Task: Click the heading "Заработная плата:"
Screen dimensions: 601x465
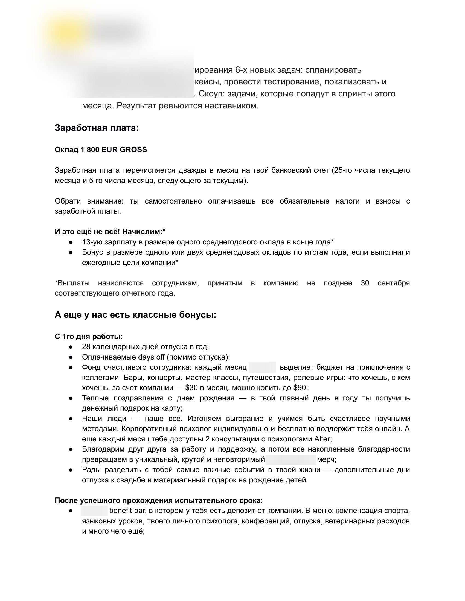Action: tap(96, 128)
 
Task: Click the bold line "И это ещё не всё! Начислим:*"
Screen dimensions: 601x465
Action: tap(110, 232)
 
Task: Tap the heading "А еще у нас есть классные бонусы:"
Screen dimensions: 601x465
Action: tap(135, 315)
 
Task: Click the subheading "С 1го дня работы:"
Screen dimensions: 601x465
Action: tap(89, 337)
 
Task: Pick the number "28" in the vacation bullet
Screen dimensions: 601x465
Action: tap(86, 347)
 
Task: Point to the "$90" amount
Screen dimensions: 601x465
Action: tap(300, 388)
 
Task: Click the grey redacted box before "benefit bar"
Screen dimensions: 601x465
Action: tap(94, 511)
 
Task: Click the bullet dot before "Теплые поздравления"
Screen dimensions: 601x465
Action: tap(71, 398)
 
